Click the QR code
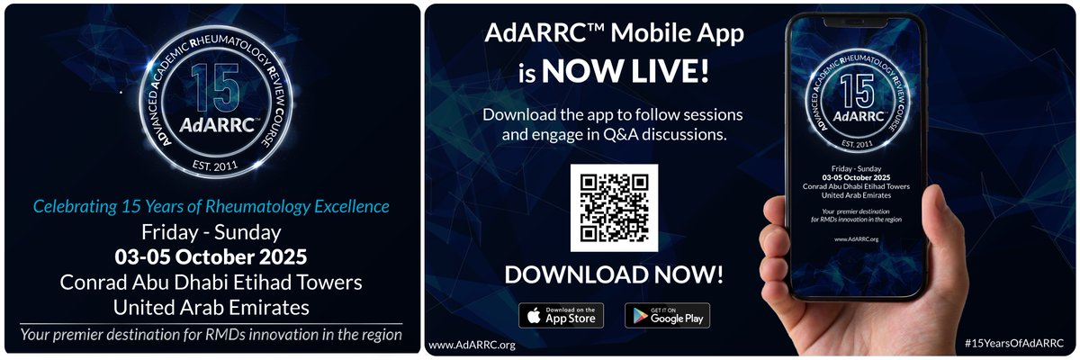click(614, 208)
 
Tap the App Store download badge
click(561, 315)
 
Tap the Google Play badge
click(667, 315)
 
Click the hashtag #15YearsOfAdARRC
click(1013, 344)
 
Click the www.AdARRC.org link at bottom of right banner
click(472, 345)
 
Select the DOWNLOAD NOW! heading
click(614, 274)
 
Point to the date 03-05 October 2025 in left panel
click(211, 256)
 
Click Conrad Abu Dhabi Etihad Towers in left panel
click(211, 282)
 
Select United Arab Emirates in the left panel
click(211, 307)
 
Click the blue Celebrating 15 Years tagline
click(211, 206)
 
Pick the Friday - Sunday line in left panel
click(211, 231)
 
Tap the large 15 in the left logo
click(215, 90)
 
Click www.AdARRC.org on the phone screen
click(856, 238)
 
